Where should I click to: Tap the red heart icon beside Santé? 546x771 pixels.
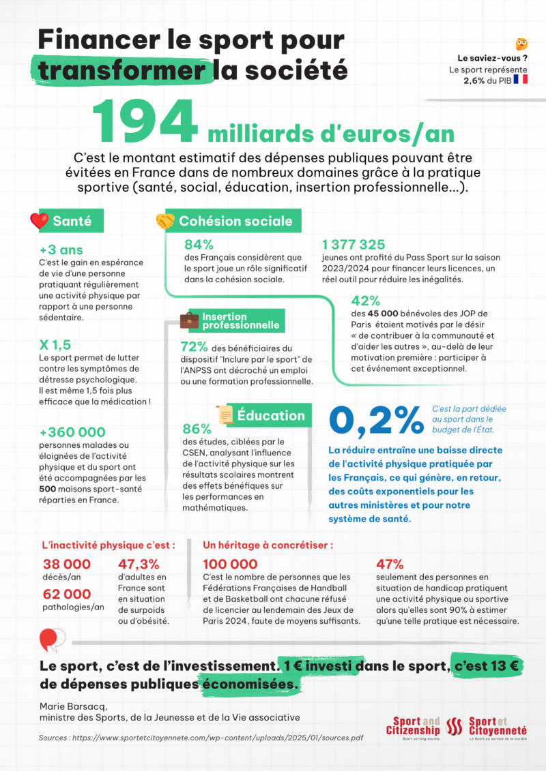tap(40, 221)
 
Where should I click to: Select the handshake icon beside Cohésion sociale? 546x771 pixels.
tap(165, 221)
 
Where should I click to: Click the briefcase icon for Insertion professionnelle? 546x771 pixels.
tap(190, 320)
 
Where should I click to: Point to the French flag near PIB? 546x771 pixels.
tap(520, 80)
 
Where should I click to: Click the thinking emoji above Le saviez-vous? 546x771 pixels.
tap(521, 44)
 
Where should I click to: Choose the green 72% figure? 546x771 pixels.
tap(195, 347)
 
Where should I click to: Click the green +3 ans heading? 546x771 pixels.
tap(61, 250)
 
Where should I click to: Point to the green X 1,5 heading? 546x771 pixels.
tap(55, 344)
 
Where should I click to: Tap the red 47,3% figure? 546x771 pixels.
tap(139, 564)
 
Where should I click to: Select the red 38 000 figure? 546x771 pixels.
tap(66, 564)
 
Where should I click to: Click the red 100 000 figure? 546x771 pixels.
tap(230, 564)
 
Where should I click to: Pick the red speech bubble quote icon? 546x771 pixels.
tap(52, 639)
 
